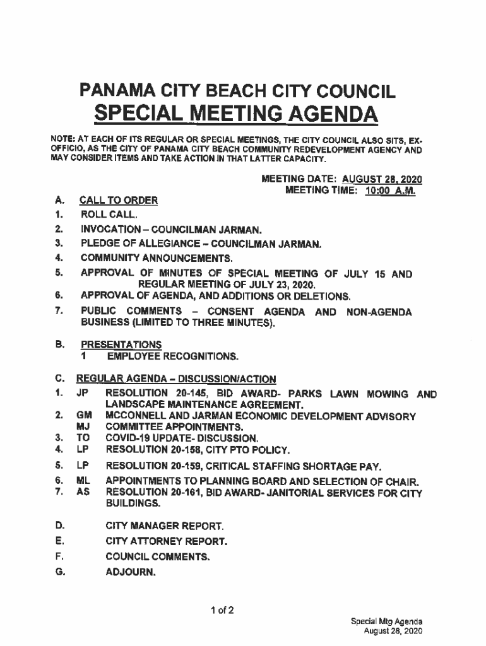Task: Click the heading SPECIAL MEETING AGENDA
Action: [x=236, y=115]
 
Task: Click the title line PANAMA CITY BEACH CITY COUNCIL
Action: [x=237, y=91]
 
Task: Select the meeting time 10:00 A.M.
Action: [x=390, y=190]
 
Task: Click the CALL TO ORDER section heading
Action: [x=118, y=201]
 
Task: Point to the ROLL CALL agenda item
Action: [x=105, y=215]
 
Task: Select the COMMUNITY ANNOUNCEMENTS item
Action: [x=157, y=258]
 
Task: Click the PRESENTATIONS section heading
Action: [x=121, y=344]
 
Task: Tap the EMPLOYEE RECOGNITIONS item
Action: [x=172, y=357]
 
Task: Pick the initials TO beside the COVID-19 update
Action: [x=82, y=438]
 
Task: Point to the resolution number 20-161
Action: [x=187, y=493]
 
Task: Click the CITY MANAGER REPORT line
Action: [x=164, y=526]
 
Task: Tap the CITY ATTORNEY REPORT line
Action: [x=166, y=541]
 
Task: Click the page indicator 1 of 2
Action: [x=223, y=610]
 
